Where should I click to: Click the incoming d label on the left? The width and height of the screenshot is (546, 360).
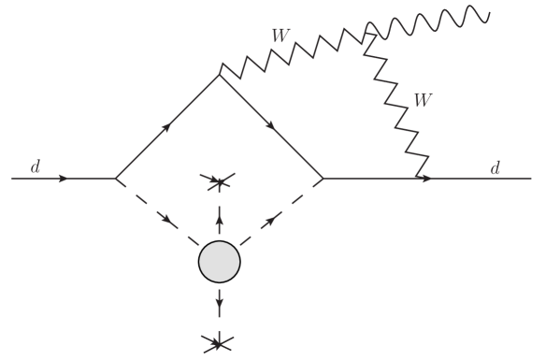coord(36,167)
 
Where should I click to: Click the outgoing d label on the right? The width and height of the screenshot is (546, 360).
coord(495,167)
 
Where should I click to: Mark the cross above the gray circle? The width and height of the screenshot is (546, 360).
coord(220,183)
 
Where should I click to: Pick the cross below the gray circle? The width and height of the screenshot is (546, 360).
coord(220,343)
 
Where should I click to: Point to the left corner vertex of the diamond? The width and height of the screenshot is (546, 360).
coord(115,178)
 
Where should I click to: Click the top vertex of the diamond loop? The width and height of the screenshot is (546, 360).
coord(220,74)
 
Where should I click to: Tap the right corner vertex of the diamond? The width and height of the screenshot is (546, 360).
coord(323,178)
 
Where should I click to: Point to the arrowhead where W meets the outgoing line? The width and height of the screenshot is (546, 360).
coord(425,178)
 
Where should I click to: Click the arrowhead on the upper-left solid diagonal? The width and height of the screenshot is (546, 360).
coord(167,125)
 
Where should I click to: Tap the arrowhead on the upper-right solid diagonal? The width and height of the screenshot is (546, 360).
coord(272,126)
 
